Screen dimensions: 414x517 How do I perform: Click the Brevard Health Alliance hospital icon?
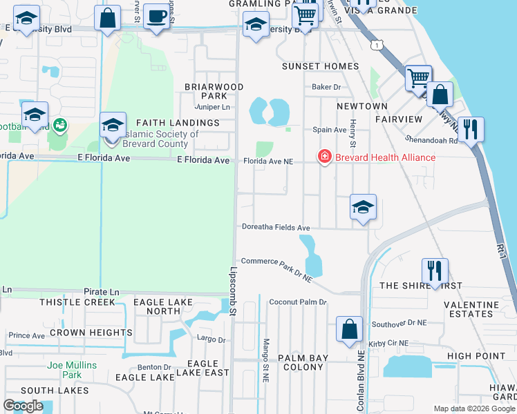pos(323,157)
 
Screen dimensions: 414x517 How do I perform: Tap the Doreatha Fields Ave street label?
pos(276,227)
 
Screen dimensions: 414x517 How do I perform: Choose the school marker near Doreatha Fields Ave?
pos(363,207)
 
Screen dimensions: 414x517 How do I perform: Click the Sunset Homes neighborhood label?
pos(320,66)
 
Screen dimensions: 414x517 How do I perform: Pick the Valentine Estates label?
pos(469,308)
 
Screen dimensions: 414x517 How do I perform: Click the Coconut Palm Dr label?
pos(297,302)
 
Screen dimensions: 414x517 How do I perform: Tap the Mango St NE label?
pos(265,360)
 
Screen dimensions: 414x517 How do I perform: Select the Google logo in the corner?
pos(23,406)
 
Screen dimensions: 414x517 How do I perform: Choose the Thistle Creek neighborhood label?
pos(77,302)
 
